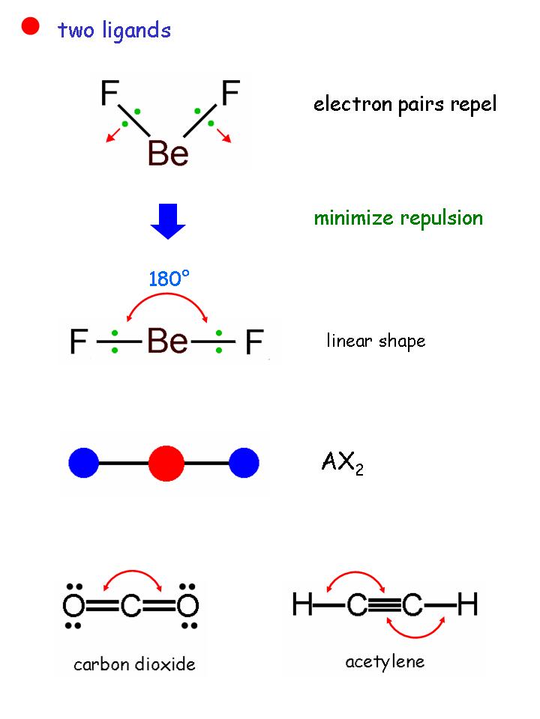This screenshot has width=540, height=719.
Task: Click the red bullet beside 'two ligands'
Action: [x=30, y=27]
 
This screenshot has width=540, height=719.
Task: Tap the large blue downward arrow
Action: [x=168, y=221]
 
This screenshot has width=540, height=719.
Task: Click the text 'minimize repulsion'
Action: [x=398, y=218]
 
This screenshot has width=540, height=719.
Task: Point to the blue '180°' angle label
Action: [x=169, y=279]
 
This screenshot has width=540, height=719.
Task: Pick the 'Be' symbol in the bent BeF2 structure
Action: [x=168, y=154]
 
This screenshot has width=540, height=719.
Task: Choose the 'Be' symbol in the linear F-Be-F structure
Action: [x=168, y=343]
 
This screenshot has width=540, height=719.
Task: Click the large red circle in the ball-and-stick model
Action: [x=166, y=463]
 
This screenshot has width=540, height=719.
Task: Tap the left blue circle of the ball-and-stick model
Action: [x=84, y=463]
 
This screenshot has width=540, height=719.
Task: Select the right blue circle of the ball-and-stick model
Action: [x=244, y=463]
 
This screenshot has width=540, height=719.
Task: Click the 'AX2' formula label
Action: [x=341, y=464]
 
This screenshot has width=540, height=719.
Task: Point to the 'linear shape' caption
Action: [x=376, y=342]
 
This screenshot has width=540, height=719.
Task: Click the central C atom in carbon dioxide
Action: [x=130, y=606]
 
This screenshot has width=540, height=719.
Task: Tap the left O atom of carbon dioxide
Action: [x=73, y=606]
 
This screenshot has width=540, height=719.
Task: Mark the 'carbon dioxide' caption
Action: [x=134, y=664]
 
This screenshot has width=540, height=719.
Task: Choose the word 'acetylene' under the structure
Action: [x=385, y=661]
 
